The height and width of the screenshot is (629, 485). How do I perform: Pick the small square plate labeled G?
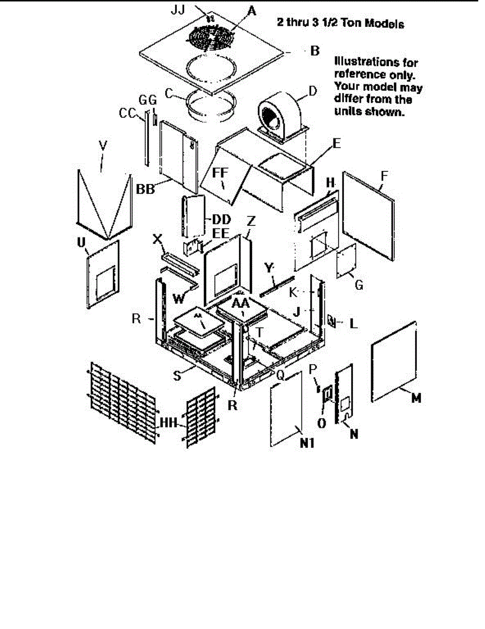coord(347,263)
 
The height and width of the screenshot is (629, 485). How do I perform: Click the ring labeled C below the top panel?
coord(210,105)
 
